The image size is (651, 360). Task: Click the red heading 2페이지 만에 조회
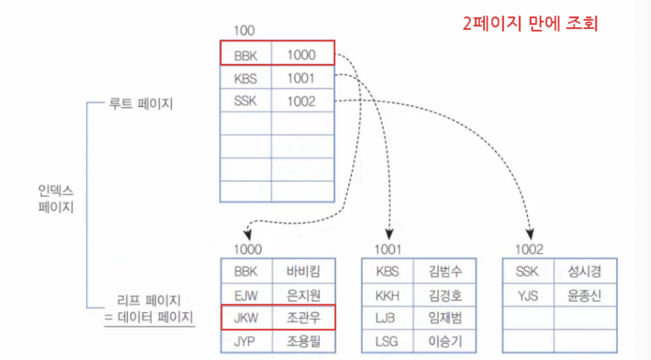tap(530, 23)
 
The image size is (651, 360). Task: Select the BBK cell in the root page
tap(246, 55)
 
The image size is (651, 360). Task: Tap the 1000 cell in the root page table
tap(302, 55)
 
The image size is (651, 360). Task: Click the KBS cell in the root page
tap(246, 78)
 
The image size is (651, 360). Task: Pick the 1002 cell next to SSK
tap(302, 102)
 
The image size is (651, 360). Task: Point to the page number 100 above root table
tap(244, 31)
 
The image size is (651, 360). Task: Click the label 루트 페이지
tap(141, 104)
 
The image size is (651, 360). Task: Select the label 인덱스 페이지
tap(56, 198)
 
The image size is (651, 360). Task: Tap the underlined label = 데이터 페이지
tap(149, 318)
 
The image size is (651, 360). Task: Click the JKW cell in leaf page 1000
tap(246, 318)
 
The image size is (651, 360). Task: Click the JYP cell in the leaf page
tap(246, 342)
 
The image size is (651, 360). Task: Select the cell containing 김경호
tap(445, 295)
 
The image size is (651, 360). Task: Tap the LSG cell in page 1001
tap(387, 342)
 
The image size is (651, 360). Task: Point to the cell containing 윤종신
tap(584, 295)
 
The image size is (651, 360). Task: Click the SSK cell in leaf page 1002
tap(527, 271)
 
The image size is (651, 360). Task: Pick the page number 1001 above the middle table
tap(387, 250)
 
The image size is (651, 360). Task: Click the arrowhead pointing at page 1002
tap(530, 234)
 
